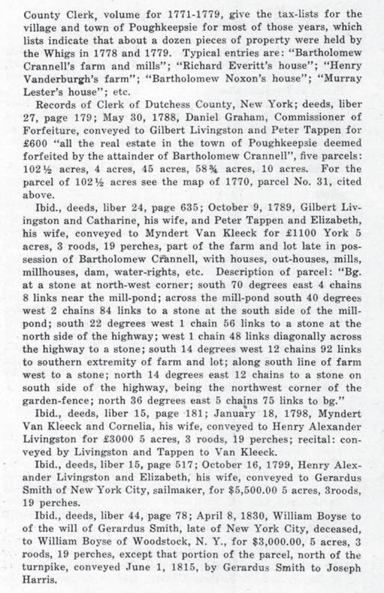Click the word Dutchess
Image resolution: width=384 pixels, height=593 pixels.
[x=168, y=105]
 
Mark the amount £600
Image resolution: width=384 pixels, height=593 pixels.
[x=35, y=143]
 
